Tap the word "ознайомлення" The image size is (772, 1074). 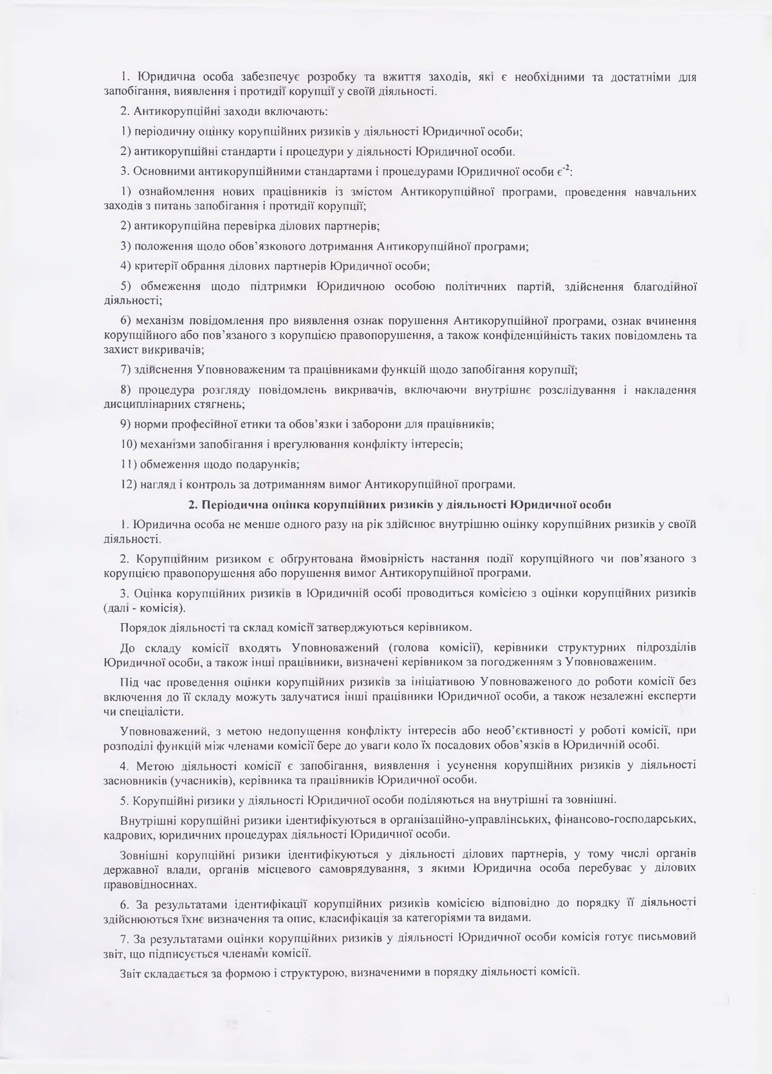click(170, 192)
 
